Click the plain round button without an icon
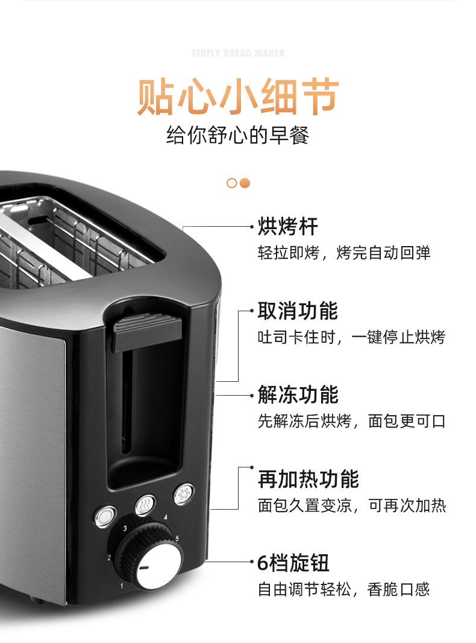(105, 516)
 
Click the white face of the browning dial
(159, 566)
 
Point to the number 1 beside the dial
(121, 586)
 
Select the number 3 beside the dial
(125, 528)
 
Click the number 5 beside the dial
(177, 539)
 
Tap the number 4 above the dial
(166, 517)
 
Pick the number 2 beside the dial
(109, 558)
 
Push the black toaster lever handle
(148, 331)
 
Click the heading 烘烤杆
(287, 226)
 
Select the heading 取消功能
(298, 311)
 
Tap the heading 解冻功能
(298, 394)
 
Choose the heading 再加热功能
(308, 479)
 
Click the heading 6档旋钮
(293, 563)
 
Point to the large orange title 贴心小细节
(238, 97)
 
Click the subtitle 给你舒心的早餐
(237, 135)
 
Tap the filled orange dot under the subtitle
(245, 183)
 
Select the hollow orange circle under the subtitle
(231, 183)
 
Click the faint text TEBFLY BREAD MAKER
(238, 53)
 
